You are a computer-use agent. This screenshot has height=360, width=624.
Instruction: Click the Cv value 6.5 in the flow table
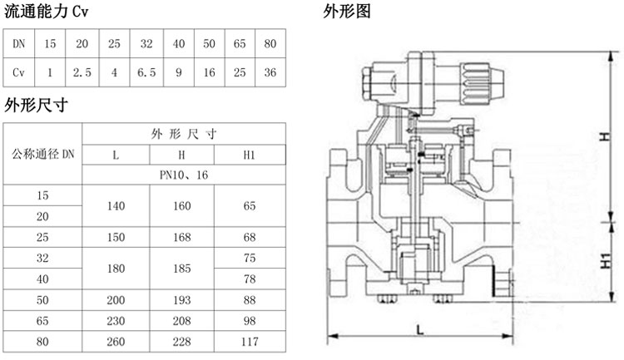click(146, 72)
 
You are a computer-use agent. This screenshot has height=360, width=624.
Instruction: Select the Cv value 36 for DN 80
click(270, 72)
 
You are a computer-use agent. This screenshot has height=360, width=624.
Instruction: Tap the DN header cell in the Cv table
click(18, 43)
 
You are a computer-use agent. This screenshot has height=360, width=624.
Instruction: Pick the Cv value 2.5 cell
click(82, 72)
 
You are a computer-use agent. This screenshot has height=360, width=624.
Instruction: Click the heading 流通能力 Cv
click(46, 12)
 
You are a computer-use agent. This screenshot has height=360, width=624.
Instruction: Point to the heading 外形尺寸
click(36, 106)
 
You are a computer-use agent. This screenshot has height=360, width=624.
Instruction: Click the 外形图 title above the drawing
click(347, 11)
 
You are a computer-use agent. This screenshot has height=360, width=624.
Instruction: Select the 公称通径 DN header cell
click(43, 154)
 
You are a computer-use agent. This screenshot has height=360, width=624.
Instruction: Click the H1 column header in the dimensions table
click(249, 155)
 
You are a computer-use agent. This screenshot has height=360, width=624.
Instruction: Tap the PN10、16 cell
click(184, 175)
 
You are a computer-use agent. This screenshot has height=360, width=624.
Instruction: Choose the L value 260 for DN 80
click(116, 342)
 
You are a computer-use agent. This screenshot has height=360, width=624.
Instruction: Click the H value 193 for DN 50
click(182, 300)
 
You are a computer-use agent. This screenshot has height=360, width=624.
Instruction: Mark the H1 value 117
click(250, 342)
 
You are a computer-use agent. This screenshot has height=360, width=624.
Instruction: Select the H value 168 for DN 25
click(182, 237)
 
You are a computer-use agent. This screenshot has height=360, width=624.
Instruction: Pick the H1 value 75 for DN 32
click(250, 258)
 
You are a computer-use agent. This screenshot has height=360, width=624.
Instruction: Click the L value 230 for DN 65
click(116, 321)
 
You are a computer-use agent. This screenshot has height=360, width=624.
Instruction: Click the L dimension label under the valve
click(420, 329)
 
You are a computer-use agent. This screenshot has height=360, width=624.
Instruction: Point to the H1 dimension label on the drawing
click(606, 260)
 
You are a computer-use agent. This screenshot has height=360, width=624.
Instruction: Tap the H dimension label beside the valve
click(605, 136)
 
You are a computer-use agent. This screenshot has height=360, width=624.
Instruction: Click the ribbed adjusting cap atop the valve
click(482, 84)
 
